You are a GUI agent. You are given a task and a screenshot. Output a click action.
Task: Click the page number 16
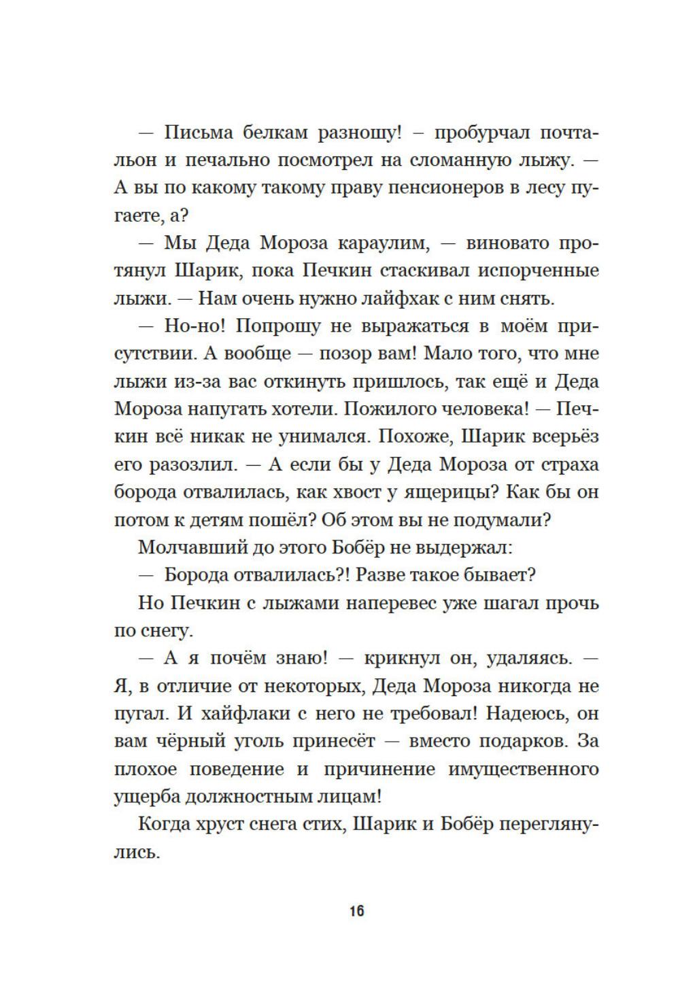(357, 910)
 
